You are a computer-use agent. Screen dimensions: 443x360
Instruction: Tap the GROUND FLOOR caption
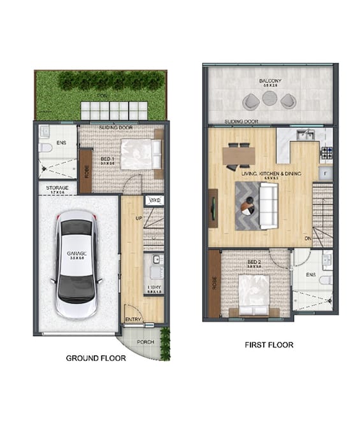(96, 358)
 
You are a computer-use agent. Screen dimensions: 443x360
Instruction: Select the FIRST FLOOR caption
(269, 345)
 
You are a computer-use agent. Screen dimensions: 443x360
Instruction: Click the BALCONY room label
(271, 81)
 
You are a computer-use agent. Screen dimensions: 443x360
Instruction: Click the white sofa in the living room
(268, 206)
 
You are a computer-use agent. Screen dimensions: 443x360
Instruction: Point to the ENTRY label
(133, 320)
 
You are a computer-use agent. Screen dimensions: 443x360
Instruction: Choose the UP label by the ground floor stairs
(139, 218)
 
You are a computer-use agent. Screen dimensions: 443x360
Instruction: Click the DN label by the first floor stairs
(307, 238)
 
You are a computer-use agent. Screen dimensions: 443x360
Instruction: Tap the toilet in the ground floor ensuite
(45, 148)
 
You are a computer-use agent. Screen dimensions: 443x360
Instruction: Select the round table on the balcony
(270, 97)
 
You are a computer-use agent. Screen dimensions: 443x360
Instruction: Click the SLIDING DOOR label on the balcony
(241, 121)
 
